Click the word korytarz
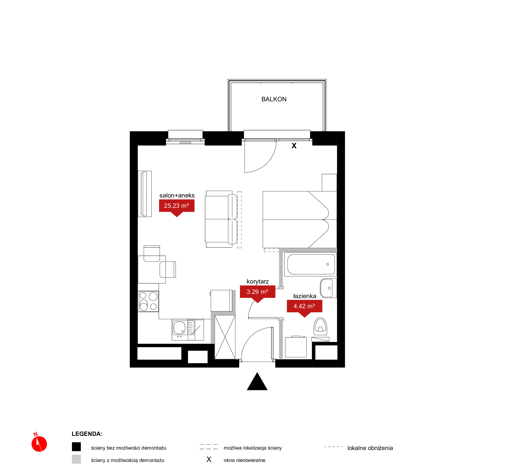[257, 282]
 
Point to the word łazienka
[305, 296]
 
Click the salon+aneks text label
[177, 195]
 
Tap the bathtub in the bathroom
[311, 264]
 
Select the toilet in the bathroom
[320, 326]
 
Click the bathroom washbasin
[328, 288]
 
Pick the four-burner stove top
[148, 301]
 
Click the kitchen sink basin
[180, 328]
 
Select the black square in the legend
[76, 447]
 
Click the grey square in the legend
[76, 459]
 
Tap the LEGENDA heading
[87, 434]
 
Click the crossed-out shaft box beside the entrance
[225, 337]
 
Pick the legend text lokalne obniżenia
[370, 448]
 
